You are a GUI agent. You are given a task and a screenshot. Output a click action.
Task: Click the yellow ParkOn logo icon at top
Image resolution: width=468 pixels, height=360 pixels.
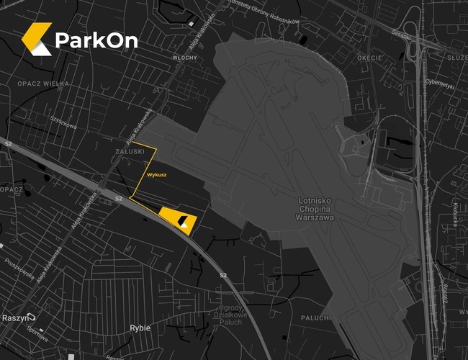37,39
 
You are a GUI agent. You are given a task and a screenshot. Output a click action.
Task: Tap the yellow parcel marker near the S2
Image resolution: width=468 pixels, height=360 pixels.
178,217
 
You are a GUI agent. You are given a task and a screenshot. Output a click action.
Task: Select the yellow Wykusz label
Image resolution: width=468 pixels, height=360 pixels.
156,175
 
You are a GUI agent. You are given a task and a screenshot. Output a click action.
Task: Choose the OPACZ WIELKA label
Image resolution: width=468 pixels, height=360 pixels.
42,84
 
